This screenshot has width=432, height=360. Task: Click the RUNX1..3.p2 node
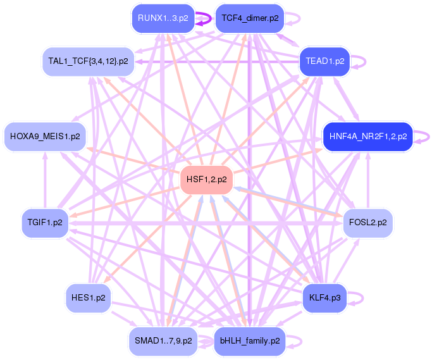coord(163,18)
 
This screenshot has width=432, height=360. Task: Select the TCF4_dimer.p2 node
coord(249,18)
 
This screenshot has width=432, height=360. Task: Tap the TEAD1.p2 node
coord(324,61)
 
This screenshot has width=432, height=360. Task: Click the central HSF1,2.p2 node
coord(206,180)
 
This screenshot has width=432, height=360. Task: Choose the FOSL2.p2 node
coord(367,223)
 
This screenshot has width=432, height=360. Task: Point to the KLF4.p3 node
coord(325,297)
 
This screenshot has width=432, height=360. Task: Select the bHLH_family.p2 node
coord(249,340)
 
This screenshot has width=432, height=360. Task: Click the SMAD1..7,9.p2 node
coord(163,340)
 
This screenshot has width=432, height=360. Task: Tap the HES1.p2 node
coord(88,297)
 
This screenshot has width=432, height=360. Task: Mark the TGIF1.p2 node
coord(45,223)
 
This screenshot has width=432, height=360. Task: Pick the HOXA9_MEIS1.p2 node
coord(45,136)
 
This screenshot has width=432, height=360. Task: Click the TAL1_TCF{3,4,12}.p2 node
coord(88,61)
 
